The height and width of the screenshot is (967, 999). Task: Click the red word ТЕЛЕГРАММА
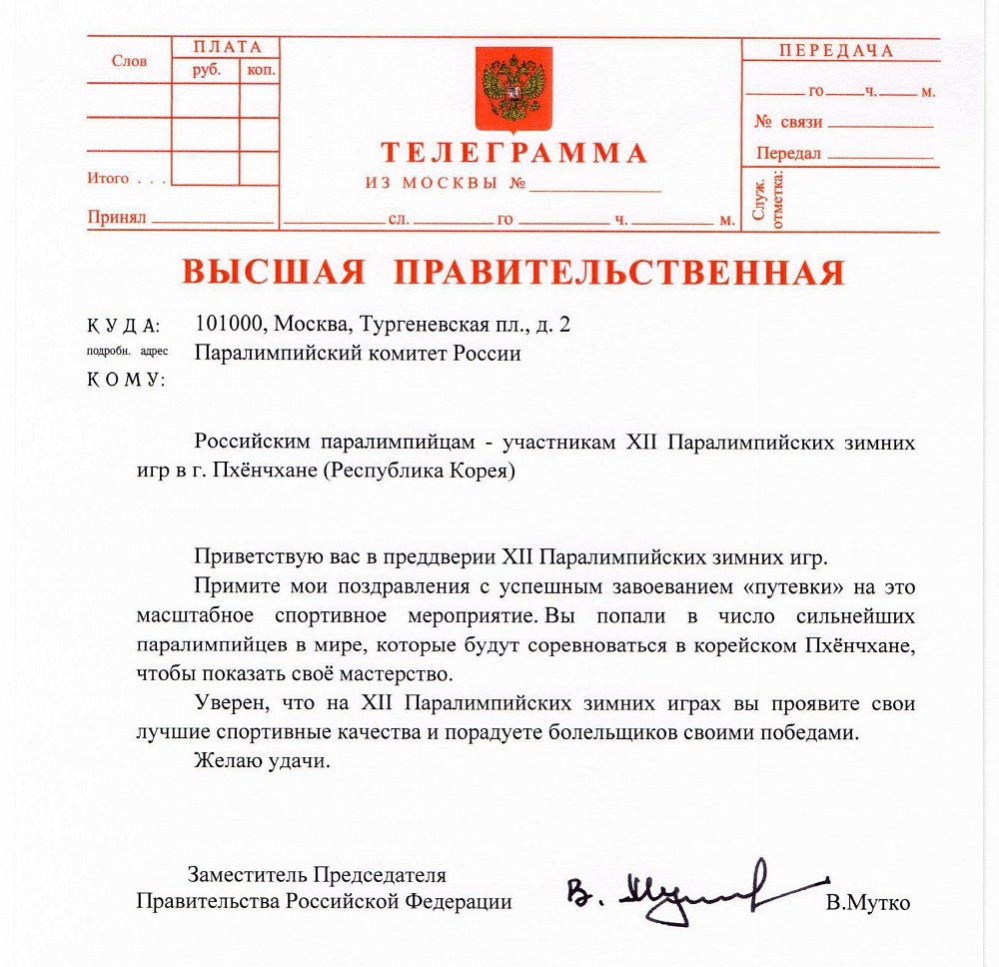coord(513,154)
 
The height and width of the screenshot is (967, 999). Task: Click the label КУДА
coord(123,326)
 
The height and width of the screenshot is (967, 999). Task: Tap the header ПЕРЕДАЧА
coord(837,51)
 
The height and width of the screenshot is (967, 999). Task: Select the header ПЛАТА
coord(228,48)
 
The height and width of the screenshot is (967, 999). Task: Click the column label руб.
coord(207,71)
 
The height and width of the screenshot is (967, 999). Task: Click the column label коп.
coord(260,71)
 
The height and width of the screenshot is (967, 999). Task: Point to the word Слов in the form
coord(130,61)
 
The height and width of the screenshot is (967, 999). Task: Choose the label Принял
coord(117,216)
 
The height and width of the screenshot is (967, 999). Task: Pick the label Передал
coord(788,154)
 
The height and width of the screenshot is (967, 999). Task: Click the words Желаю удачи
coord(262,760)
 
